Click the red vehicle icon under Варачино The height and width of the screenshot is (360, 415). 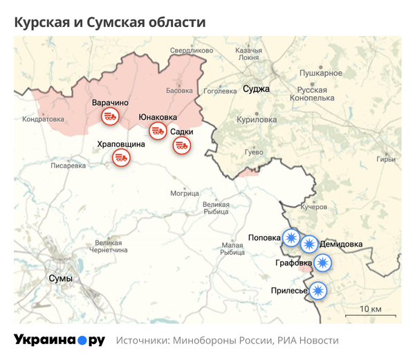coord(110,117)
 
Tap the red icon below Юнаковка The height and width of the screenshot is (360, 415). coord(158,131)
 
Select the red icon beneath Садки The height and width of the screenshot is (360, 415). coord(182,145)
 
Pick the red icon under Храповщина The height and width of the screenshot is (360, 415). coord(121,158)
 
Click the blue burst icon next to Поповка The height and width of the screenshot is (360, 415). coord(291,239)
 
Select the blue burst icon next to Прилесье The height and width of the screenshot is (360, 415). coord(318,291)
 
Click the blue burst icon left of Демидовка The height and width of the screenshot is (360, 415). coord(309,244)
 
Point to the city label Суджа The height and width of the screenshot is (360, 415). coord(256,89)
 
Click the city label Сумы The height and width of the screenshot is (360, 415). coord(60,278)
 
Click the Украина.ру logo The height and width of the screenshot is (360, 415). coord(59,340)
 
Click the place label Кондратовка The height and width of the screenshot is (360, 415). coord(43,119)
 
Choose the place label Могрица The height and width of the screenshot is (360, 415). coord(184,192)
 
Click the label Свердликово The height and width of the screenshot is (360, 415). coord(192,51)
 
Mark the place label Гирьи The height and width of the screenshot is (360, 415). coord(386,160)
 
